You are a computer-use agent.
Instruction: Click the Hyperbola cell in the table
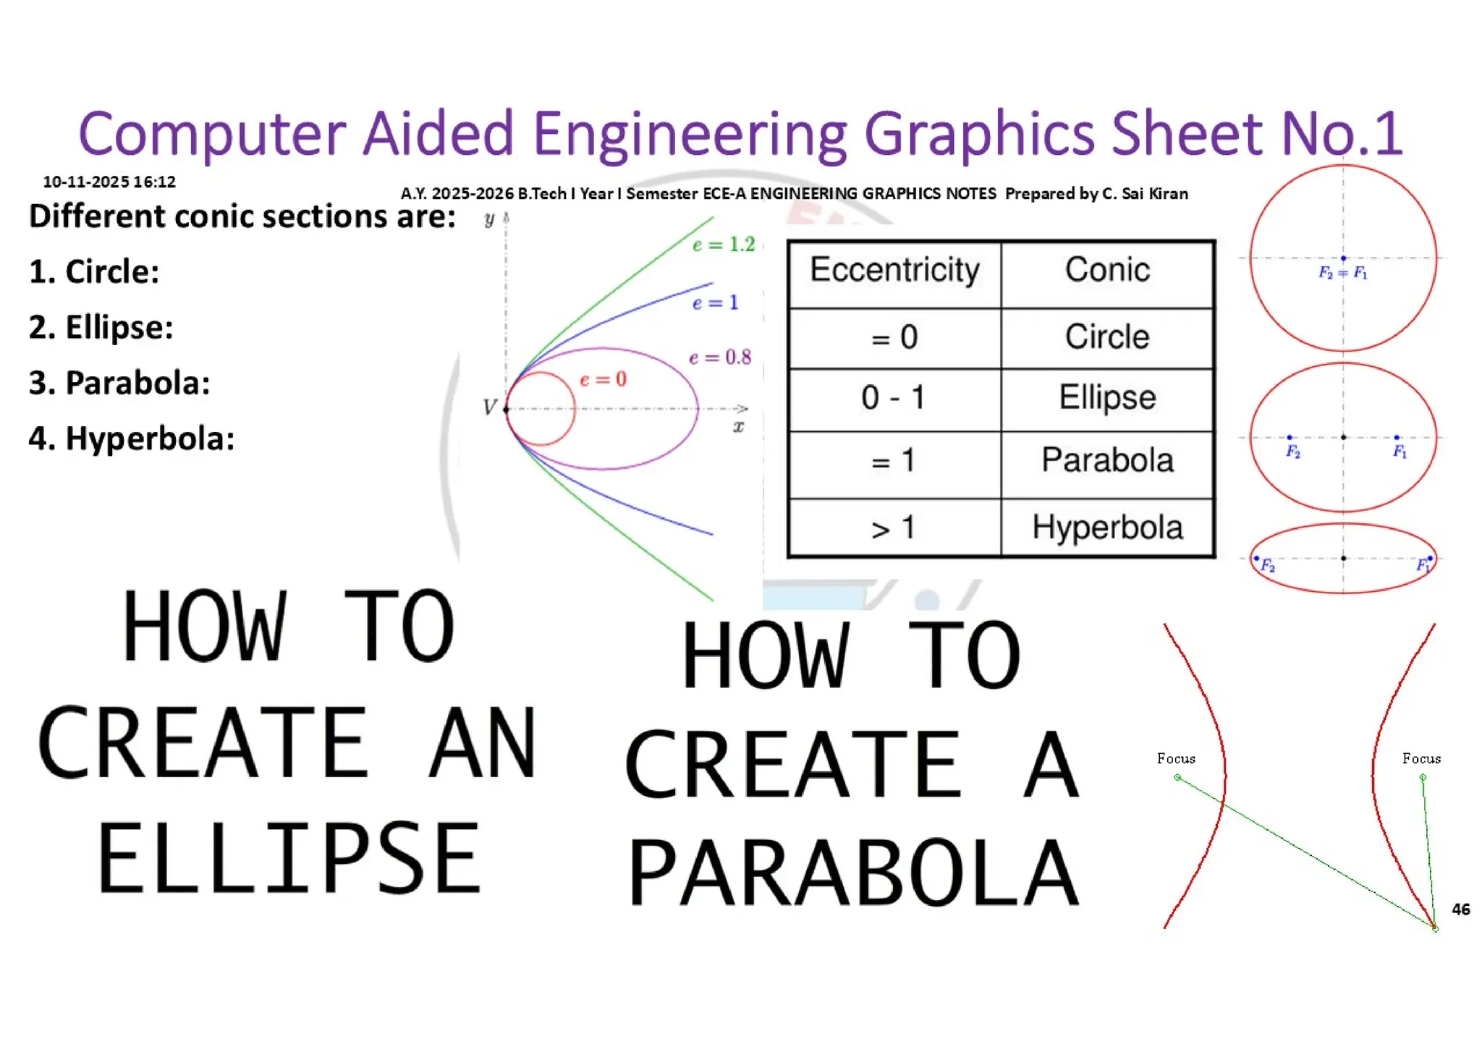pyautogui.click(x=1107, y=527)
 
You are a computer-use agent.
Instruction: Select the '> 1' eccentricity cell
pyautogui.click(x=894, y=528)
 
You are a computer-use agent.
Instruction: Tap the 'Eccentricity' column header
pyautogui.click(x=894, y=270)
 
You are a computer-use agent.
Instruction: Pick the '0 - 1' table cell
pyautogui.click(x=894, y=397)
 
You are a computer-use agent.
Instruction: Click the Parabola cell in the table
pyautogui.click(x=1107, y=460)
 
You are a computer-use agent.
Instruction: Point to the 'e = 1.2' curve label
pyautogui.click(x=724, y=245)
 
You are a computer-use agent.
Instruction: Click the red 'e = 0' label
pyautogui.click(x=604, y=379)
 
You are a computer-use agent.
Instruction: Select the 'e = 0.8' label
pyautogui.click(x=720, y=357)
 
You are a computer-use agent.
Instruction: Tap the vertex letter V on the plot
pyautogui.click(x=490, y=408)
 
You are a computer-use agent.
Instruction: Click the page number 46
pyautogui.click(x=1460, y=910)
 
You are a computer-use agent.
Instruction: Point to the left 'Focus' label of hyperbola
pyautogui.click(x=1176, y=758)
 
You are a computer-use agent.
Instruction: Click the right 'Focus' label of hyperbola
pyautogui.click(x=1421, y=758)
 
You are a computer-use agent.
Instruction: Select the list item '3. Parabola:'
pyautogui.click(x=119, y=383)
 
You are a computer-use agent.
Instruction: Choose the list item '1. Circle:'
pyautogui.click(x=94, y=272)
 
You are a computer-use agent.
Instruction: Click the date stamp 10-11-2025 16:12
pyautogui.click(x=109, y=182)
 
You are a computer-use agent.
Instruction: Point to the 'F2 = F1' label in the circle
pyautogui.click(x=1342, y=273)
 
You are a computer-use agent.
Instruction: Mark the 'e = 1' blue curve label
pyautogui.click(x=715, y=302)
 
